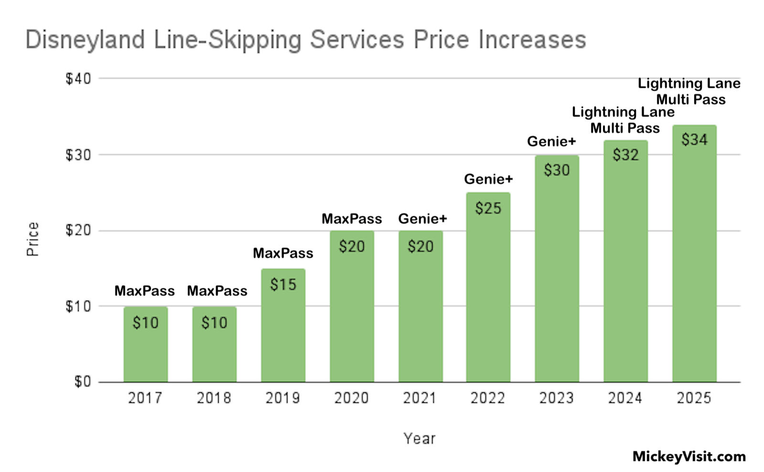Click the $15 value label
coord(283,285)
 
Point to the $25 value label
coord(488,209)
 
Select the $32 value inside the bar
coord(626,155)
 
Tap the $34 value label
coord(694,140)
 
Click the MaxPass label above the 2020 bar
coord(352,219)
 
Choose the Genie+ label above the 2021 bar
coord(423,219)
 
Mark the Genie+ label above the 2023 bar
coord(552,142)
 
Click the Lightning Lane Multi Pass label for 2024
coord(624,120)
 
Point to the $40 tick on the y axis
coord(78,79)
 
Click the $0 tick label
coord(82,382)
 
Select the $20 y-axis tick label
coord(78,231)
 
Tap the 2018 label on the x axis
coord(214,398)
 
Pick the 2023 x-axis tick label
coord(556,398)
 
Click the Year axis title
coord(419,439)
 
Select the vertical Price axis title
coord(32,239)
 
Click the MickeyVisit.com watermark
coord(689,457)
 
